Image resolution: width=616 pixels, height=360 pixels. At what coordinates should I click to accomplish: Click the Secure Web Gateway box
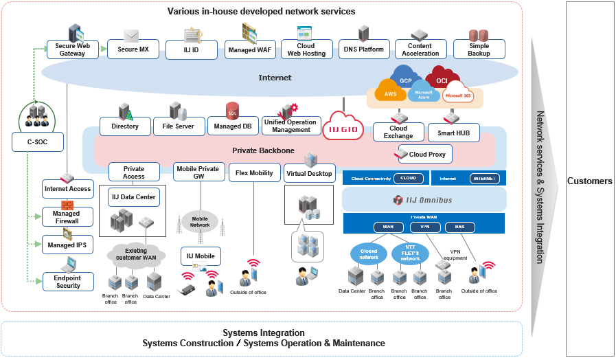click(72, 49)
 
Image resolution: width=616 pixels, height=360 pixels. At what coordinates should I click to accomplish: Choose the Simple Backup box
click(479, 49)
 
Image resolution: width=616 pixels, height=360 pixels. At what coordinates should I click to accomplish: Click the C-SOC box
click(38, 142)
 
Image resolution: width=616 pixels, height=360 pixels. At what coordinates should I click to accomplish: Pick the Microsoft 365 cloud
click(458, 95)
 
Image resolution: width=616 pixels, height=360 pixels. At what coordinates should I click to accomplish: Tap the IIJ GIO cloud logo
click(343, 126)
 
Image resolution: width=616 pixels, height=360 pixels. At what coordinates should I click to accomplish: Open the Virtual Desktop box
click(310, 173)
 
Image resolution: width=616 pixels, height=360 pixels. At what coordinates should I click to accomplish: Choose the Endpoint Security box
click(68, 282)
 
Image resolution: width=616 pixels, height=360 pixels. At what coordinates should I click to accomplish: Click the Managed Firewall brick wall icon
click(67, 205)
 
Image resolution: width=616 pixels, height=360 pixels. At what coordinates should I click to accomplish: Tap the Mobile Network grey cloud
click(200, 221)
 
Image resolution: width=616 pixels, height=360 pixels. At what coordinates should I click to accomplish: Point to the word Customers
click(589, 181)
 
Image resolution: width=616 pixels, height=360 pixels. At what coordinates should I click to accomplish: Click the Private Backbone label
click(263, 150)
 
